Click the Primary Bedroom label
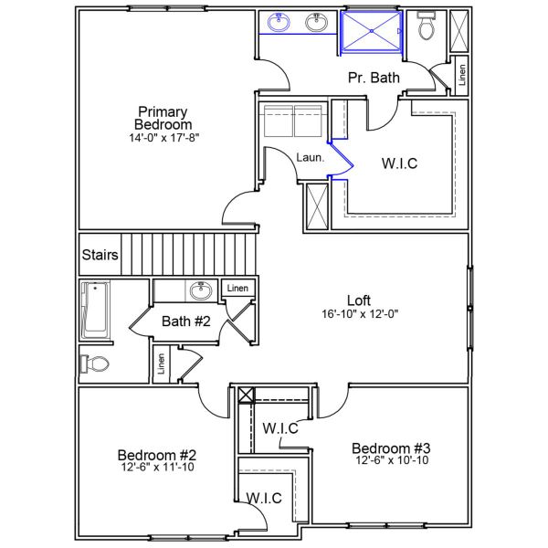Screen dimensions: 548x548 click(x=163, y=118)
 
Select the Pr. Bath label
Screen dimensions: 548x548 click(x=374, y=79)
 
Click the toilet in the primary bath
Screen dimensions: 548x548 click(x=426, y=28)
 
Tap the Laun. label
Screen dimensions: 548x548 click(x=310, y=158)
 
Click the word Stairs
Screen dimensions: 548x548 click(x=100, y=256)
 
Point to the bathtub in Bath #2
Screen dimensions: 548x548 click(x=95, y=310)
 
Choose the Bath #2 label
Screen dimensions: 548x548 click(x=186, y=321)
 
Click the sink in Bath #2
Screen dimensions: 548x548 click(x=200, y=291)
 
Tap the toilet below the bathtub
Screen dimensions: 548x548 click(x=95, y=364)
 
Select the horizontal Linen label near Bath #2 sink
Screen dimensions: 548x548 click(x=237, y=289)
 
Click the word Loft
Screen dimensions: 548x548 click(x=360, y=300)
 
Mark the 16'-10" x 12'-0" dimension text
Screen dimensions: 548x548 click(x=360, y=313)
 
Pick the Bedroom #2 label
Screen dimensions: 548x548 click(x=157, y=455)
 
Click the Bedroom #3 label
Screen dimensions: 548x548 click(x=391, y=448)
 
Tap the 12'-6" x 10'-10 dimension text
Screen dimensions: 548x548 click(x=391, y=461)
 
